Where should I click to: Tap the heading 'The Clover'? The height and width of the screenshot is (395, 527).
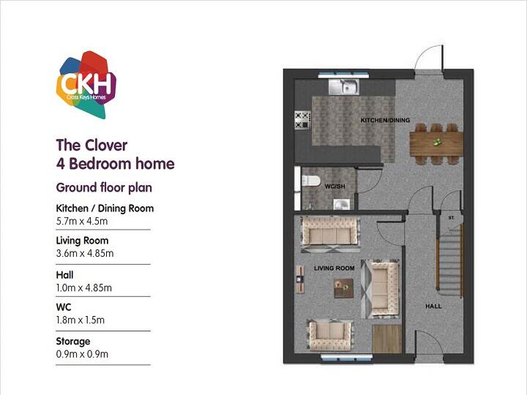tap(91, 145)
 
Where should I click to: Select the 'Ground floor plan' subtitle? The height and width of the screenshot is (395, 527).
tap(104, 187)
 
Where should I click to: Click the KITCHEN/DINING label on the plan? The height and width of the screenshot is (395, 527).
tap(385, 120)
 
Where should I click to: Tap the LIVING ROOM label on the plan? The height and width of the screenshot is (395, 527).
tap(334, 268)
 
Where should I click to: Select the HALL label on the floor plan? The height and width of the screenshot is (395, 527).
tap(434, 306)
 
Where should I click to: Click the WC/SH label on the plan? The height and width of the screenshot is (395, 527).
tap(334, 187)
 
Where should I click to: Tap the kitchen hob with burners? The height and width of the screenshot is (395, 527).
tap(302, 120)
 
